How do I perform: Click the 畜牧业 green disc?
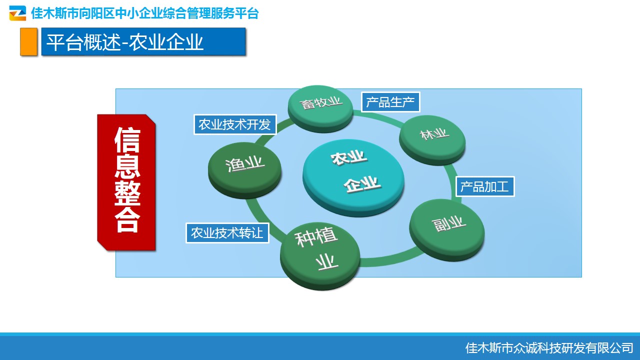(x=320, y=108)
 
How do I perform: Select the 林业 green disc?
(x=432, y=140)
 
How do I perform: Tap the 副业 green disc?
(x=447, y=230)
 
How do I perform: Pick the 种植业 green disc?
(x=320, y=256)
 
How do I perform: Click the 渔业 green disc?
(x=244, y=170)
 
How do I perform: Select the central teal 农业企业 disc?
(x=353, y=177)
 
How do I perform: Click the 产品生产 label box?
(x=390, y=102)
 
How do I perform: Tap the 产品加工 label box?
(x=485, y=186)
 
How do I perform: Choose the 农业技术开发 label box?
(x=235, y=124)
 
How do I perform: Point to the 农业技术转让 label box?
(x=227, y=233)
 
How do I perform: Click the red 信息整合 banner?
(x=126, y=182)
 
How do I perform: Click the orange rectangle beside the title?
(x=28, y=41)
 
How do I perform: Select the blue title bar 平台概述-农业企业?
(x=143, y=41)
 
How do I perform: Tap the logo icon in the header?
(x=17, y=13)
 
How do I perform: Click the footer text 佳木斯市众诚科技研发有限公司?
(x=549, y=348)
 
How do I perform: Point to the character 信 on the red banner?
(x=127, y=140)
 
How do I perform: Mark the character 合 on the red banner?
(x=127, y=219)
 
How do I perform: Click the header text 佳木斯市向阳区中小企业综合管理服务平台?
(x=145, y=13)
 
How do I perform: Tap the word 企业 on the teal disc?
(x=362, y=184)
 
